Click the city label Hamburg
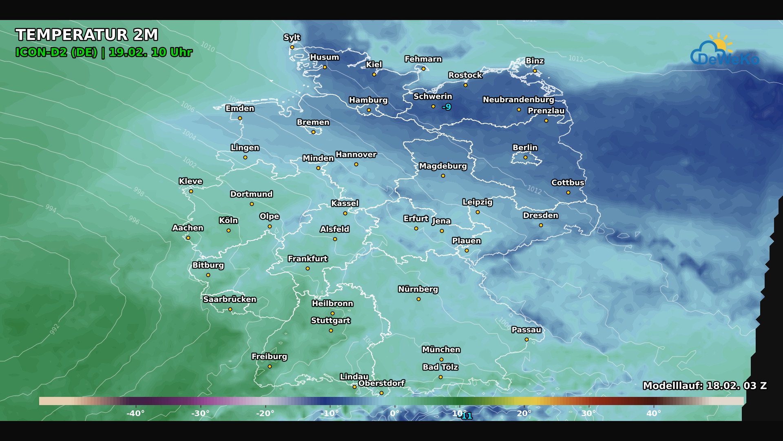(x=368, y=100)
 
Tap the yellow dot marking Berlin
(x=525, y=157)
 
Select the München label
(x=441, y=350)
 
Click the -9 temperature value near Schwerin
(x=447, y=107)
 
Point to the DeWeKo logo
(x=724, y=51)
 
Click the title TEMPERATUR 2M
(x=86, y=35)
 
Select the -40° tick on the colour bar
(x=135, y=413)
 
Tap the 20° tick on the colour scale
(x=524, y=413)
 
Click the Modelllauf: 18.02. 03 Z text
(x=704, y=385)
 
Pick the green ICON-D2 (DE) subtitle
(x=56, y=52)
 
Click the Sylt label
(x=292, y=37)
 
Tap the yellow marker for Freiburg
(x=270, y=367)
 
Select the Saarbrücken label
(x=230, y=299)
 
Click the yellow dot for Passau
(x=526, y=339)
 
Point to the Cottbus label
(x=568, y=183)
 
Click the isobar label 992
(x=55, y=329)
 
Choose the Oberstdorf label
(x=381, y=383)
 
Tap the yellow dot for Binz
(x=535, y=71)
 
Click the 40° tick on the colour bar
(x=653, y=413)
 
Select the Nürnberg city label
(x=418, y=289)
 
